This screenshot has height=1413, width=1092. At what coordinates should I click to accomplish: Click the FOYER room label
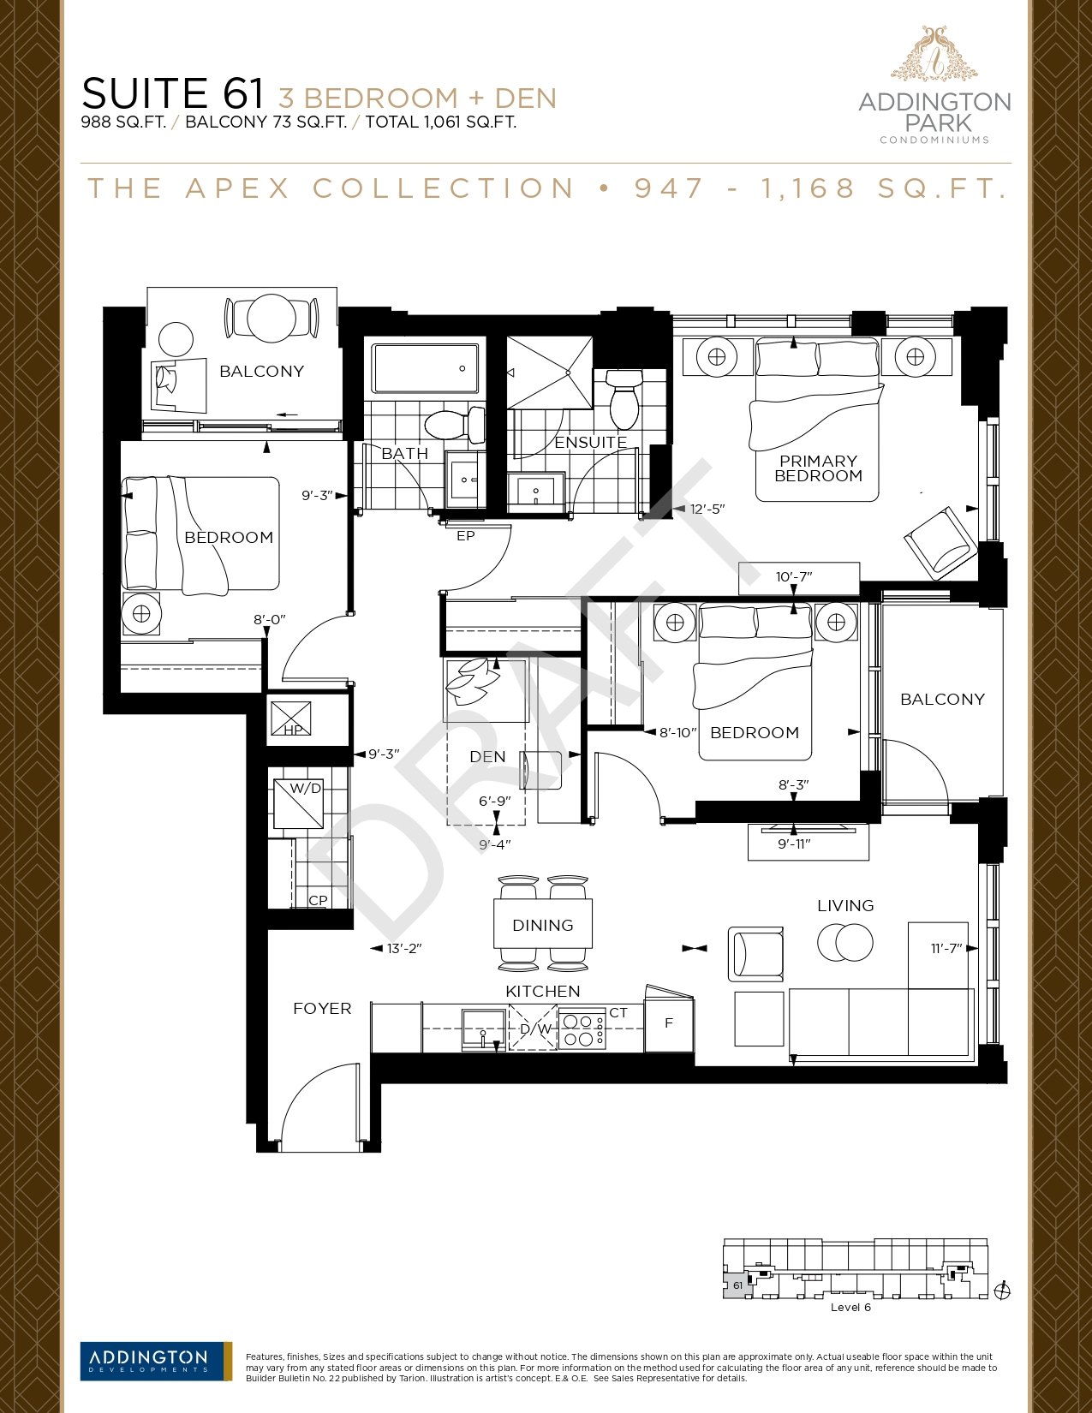point(322,1009)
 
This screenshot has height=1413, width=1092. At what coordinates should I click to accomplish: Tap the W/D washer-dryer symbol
point(299,804)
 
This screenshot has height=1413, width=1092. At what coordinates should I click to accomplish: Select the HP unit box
point(290,718)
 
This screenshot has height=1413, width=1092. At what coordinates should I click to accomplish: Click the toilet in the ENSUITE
point(624,399)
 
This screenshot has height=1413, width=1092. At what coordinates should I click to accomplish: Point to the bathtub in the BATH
point(424,369)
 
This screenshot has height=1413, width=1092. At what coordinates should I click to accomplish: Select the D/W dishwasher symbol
point(534,1028)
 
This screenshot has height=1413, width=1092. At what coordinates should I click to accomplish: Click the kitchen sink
point(483,1028)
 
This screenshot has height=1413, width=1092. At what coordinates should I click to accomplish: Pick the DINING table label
point(543,926)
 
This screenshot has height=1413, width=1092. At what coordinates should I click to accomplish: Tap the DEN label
point(487,757)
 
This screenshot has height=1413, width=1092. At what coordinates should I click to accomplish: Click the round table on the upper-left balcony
point(272,319)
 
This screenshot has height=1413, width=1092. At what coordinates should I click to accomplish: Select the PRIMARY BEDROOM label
point(818,468)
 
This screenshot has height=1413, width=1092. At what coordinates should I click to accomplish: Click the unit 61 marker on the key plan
point(737,1285)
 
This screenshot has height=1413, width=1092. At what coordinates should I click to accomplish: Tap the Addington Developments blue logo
point(156,1360)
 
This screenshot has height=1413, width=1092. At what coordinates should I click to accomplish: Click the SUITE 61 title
point(173,93)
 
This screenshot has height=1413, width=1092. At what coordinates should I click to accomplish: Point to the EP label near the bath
point(466,536)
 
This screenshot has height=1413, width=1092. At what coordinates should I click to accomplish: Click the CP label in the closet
point(318,901)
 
